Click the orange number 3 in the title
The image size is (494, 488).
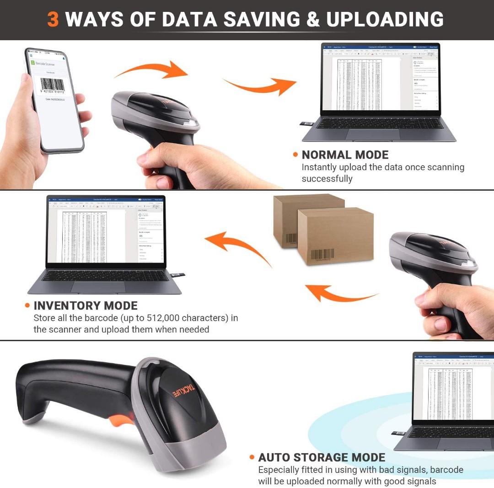pyautogui.click(x=53, y=20)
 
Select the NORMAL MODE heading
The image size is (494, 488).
pyautogui.click(x=345, y=155)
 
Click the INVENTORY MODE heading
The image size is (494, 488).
pyautogui.click(x=86, y=306)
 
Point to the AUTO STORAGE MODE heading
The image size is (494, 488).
pyautogui.click(x=322, y=457)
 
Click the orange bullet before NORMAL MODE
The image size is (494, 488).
pyautogui.click(x=295, y=155)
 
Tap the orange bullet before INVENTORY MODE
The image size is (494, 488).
pyautogui.click(x=27, y=306)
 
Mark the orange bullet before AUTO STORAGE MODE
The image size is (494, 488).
pyautogui.click(x=252, y=457)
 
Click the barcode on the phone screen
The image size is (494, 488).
pyautogui.click(x=52, y=85)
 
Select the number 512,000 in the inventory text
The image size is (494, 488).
pyautogui.click(x=152, y=318)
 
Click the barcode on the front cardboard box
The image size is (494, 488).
pyautogui.click(x=322, y=255)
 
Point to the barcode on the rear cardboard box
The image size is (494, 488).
pyautogui.click(x=291, y=238)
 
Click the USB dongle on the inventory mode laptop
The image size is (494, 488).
pyautogui.click(x=178, y=275)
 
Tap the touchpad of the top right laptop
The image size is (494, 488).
pyautogui.click(x=372, y=134)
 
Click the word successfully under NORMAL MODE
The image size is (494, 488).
pyautogui.click(x=327, y=179)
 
